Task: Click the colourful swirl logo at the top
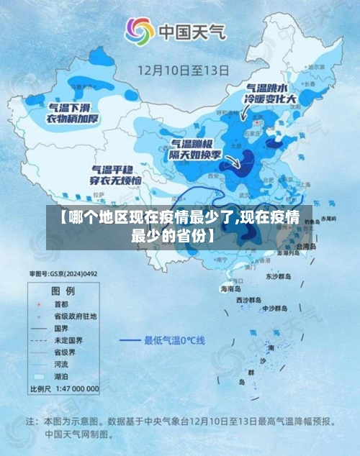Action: pyautogui.click(x=140, y=32)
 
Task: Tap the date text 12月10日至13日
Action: pyautogui.click(x=184, y=70)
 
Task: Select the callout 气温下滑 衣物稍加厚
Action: pyautogui.click(x=73, y=113)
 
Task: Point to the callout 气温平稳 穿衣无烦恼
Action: pyautogui.click(x=115, y=173)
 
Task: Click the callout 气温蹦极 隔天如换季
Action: pyautogui.click(x=194, y=149)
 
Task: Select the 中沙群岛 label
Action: pyautogui.click(x=274, y=308)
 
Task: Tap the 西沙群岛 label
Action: pyautogui.click(x=250, y=298)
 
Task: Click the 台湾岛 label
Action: pyautogui.click(x=307, y=246)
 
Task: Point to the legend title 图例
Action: pyautogui.click(x=62, y=291)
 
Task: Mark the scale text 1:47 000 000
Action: pyautogui.click(x=75, y=388)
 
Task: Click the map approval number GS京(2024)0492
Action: pyautogui.click(x=63, y=274)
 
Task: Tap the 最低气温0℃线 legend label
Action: pyautogui.click(x=175, y=339)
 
